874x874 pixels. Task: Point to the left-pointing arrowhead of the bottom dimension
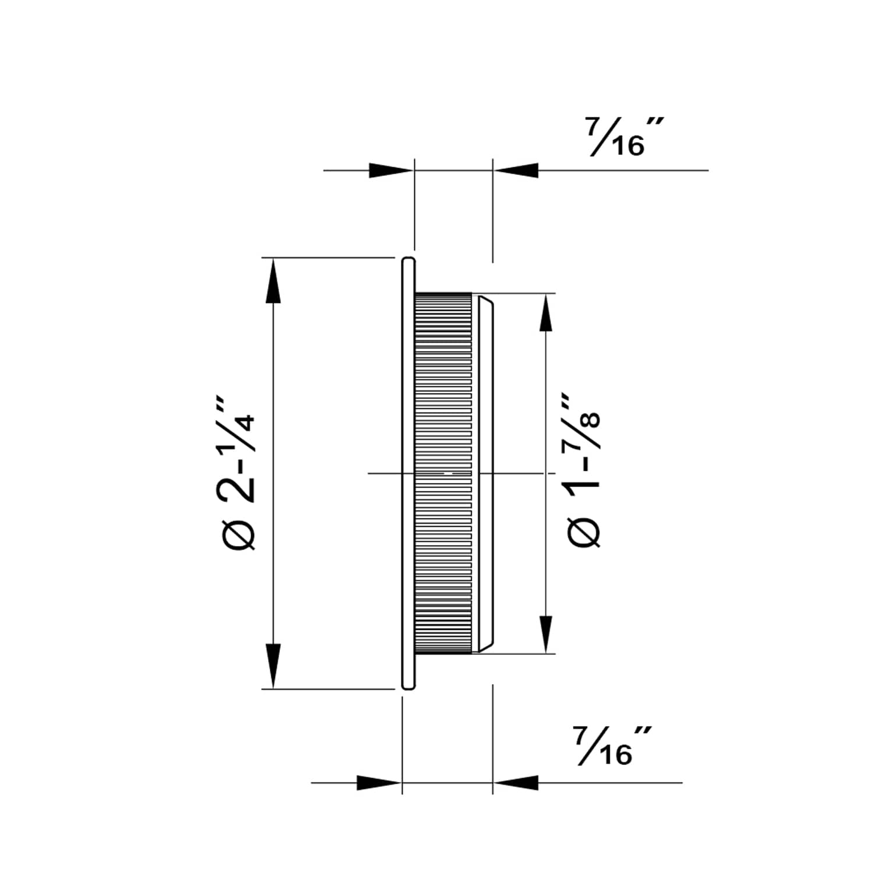tap(516, 783)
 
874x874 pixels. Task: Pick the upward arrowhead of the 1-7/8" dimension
tap(545, 315)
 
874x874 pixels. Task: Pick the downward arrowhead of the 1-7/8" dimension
tap(545, 633)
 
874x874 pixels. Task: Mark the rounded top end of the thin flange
tap(408, 260)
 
